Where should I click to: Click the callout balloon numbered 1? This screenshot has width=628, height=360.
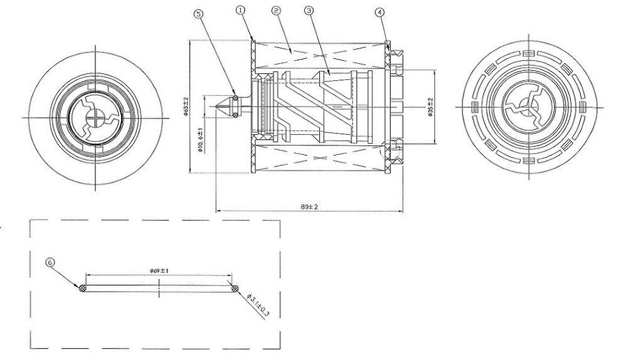240,10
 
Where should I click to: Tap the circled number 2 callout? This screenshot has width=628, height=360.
276,11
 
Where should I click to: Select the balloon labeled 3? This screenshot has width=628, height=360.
309,11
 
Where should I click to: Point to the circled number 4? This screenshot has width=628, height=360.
380,13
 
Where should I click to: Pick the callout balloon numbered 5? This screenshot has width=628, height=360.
199,14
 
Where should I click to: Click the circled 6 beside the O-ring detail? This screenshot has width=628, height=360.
50,262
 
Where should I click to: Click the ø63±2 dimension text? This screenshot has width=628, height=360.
186,106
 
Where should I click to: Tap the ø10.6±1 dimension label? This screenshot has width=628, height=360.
201,140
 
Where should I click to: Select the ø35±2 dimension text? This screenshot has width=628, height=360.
430,107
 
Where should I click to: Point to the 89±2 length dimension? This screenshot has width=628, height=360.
309,206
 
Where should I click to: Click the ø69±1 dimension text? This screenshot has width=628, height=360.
159,271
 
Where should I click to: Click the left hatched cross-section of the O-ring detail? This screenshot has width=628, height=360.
83,288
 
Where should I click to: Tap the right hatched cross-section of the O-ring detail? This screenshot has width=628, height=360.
235,288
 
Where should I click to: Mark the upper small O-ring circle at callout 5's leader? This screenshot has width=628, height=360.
235,97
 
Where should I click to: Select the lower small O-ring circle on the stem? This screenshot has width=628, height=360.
235,115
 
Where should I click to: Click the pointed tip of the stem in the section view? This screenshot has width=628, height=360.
216,106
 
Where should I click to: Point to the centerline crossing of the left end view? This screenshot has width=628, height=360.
95,118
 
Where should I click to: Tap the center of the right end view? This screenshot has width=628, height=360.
529,107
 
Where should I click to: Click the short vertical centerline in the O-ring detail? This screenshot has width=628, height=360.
159,289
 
